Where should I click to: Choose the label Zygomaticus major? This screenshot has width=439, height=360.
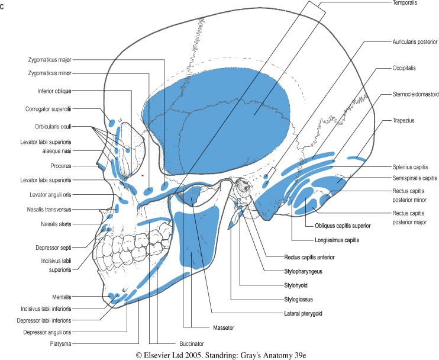click(x=49, y=59)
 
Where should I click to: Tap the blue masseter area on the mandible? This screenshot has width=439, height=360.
click(x=198, y=237)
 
